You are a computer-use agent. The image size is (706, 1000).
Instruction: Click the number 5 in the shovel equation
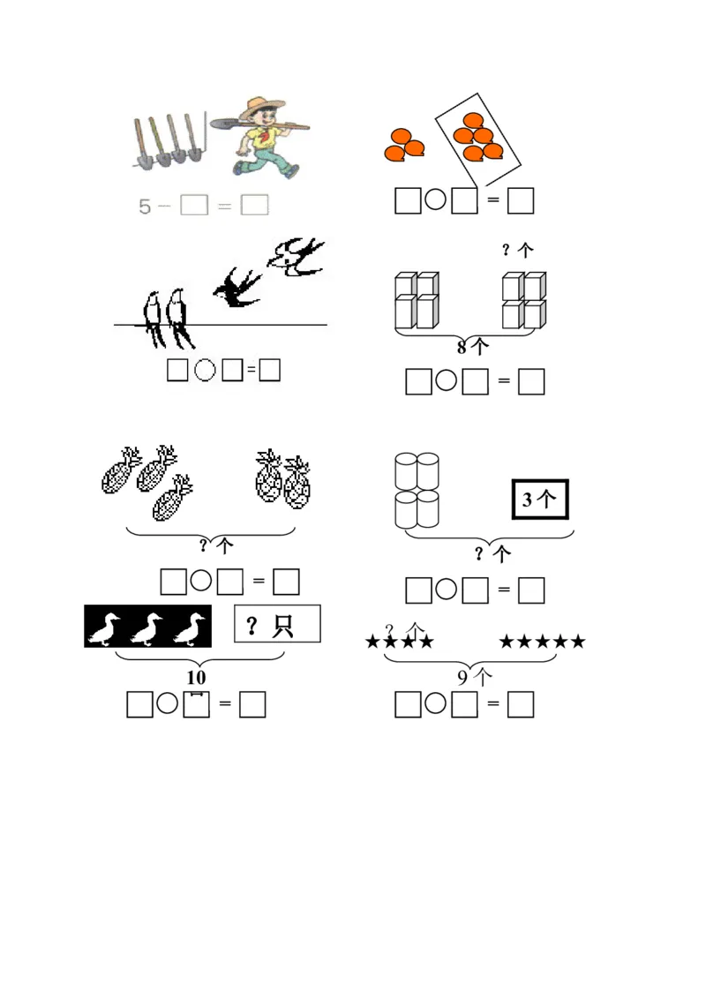tap(145, 207)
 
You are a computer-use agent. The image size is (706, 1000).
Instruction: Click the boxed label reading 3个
tap(540, 500)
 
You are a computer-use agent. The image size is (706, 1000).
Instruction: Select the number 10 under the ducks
tap(197, 677)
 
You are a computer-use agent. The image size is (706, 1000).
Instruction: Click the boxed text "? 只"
tap(277, 624)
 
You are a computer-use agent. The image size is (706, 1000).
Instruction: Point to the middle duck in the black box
tap(146, 628)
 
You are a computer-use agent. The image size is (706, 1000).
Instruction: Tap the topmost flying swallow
tap(296, 257)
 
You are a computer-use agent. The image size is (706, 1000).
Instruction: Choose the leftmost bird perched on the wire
tap(153, 319)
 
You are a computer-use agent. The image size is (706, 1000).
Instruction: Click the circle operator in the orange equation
tap(435, 199)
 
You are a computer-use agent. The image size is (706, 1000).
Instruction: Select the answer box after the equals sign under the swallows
tap(270, 370)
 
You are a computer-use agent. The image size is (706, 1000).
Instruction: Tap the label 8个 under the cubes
tap(473, 347)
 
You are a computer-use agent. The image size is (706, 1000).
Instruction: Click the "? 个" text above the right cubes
tap(517, 250)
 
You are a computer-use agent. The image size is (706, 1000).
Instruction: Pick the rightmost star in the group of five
tap(578, 641)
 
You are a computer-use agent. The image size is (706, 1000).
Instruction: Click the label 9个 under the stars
tap(475, 677)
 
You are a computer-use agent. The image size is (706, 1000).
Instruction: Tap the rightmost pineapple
tap(297, 482)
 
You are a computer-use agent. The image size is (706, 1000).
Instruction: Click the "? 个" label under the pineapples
tap(216, 545)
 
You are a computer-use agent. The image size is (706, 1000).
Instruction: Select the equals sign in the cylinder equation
tap(504, 590)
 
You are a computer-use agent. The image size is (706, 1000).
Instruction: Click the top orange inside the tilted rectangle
tap(473, 120)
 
